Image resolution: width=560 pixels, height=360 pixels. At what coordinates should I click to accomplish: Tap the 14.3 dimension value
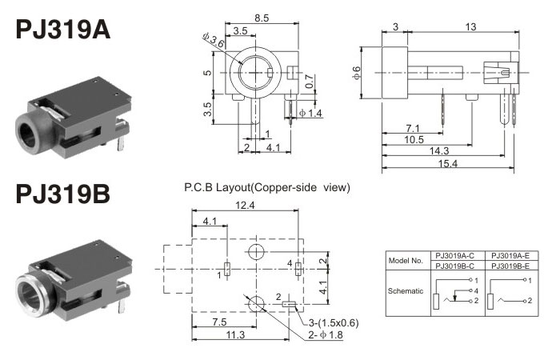pos(437,150)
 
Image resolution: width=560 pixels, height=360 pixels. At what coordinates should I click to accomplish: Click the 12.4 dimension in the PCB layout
pos(246,207)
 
